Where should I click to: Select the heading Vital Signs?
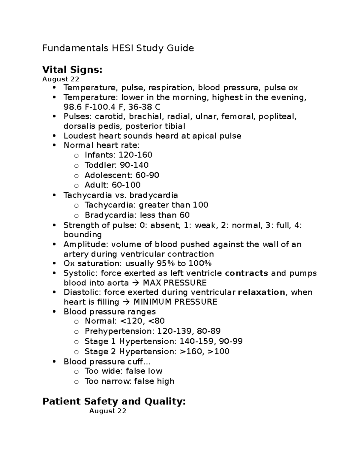[x=72, y=70]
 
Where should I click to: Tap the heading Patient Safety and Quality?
[x=114, y=401]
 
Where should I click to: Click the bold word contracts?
[x=246, y=273]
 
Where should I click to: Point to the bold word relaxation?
[x=261, y=292]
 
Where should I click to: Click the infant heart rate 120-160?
[x=136, y=155]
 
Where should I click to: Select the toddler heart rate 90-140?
[x=134, y=165]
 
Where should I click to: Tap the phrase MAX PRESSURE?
[x=175, y=283]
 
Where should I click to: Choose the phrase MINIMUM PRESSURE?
[x=175, y=302]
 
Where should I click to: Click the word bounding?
[x=82, y=235]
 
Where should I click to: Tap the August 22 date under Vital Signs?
[x=61, y=79]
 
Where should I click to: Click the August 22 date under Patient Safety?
[x=108, y=411]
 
